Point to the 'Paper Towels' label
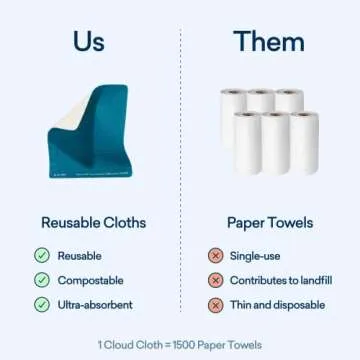(270, 223)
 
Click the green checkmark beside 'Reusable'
(42, 255)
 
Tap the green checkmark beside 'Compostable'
(42, 280)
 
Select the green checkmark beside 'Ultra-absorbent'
(42, 305)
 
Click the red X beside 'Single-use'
(215, 255)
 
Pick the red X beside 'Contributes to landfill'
(215, 280)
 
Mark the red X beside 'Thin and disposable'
(215, 305)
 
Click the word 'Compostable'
(90, 280)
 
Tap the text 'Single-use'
(256, 255)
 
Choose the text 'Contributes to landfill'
(283, 280)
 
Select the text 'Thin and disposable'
(277, 305)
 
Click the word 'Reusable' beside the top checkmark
(80, 255)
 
